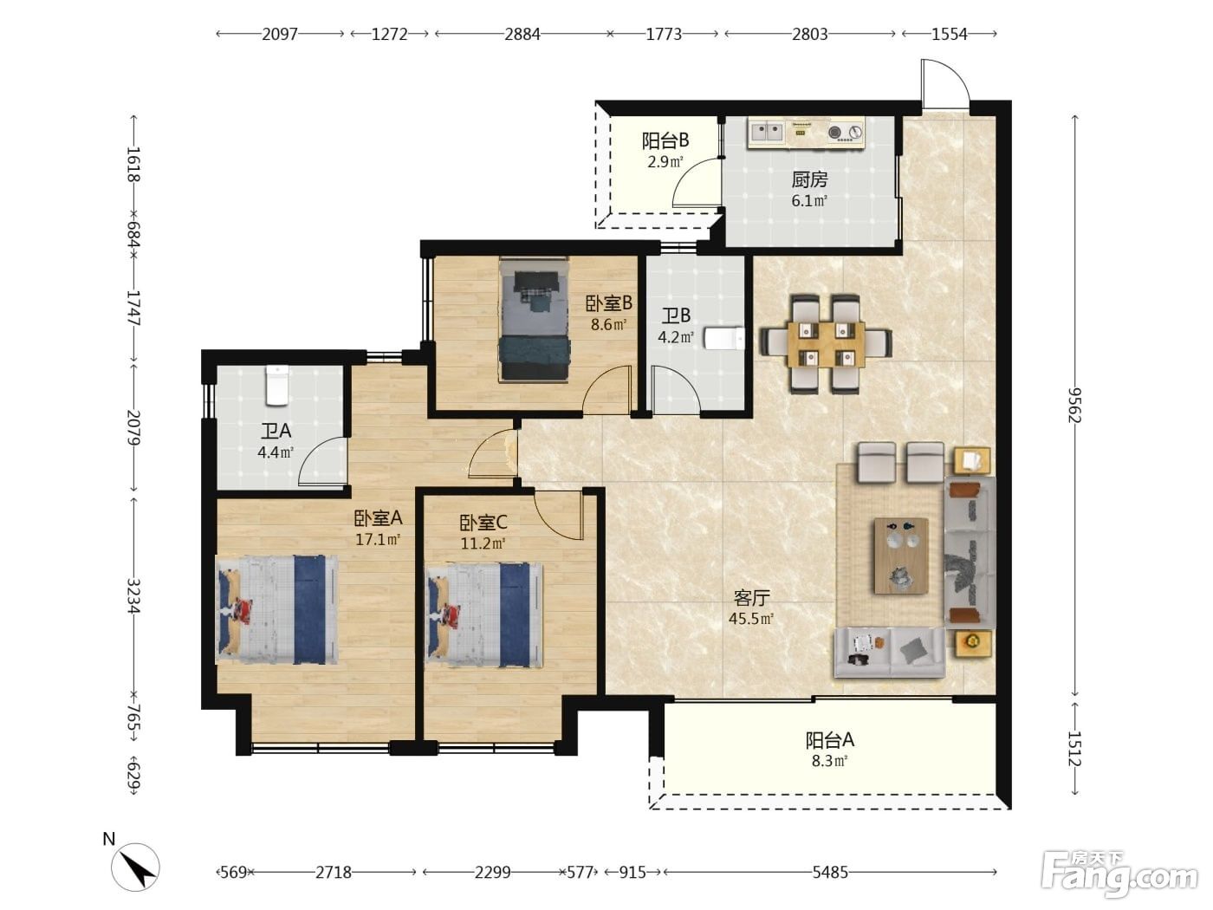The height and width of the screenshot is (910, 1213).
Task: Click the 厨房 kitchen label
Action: (809, 179)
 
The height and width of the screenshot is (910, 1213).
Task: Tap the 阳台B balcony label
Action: (665, 141)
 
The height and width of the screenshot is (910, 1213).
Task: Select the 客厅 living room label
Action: (751, 597)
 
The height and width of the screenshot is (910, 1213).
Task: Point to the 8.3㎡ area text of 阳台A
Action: (829, 762)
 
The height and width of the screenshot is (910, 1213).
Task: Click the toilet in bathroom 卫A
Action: (277, 385)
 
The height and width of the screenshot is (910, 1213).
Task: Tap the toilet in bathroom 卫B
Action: (724, 338)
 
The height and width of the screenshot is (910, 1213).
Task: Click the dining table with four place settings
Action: (827, 345)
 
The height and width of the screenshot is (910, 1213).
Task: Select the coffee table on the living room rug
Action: (901, 556)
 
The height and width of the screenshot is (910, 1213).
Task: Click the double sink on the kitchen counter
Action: (768, 132)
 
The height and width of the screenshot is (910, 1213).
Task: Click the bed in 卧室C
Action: (483, 613)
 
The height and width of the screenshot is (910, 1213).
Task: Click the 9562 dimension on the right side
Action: (1074, 405)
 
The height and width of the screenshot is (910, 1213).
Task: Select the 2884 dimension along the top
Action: (522, 35)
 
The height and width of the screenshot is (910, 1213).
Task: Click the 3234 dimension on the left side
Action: (133, 596)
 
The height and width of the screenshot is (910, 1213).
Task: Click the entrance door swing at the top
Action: (945, 84)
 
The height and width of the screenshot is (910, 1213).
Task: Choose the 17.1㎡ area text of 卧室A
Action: (378, 539)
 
